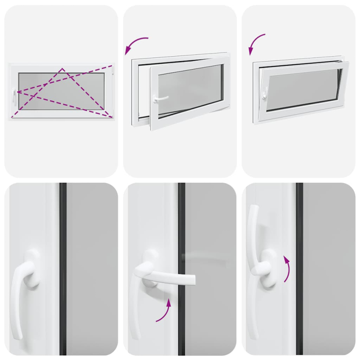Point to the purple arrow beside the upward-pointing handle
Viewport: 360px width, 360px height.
tap(286, 269)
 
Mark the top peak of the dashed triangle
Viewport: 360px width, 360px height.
tap(62, 69)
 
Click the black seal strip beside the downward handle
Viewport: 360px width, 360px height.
tap(63, 270)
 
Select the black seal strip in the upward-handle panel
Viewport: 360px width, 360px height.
tap(299, 270)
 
